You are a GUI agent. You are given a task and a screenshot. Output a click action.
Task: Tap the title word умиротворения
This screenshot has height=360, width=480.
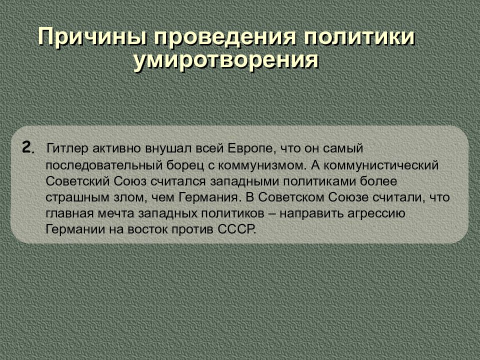tap(226, 60)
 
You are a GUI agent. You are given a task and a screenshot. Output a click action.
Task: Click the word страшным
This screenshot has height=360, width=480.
tap(70, 197)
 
